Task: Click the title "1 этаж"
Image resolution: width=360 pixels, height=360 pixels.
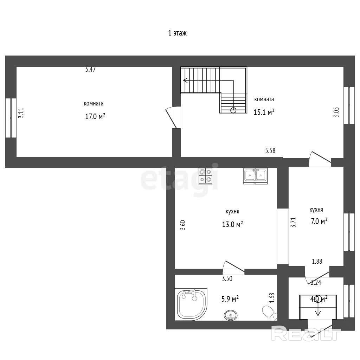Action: (177, 33)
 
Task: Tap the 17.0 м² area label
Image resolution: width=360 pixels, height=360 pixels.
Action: (95, 116)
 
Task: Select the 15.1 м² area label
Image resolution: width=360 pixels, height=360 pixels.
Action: (264, 112)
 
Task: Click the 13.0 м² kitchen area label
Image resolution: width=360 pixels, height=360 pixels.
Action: (232, 224)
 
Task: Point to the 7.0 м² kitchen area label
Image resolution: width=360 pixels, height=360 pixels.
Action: (319, 221)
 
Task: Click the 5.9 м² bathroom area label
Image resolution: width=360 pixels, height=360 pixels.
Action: (230, 299)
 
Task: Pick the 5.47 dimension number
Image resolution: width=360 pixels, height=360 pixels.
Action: (90, 69)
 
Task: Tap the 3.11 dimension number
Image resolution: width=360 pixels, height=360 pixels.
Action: (21, 113)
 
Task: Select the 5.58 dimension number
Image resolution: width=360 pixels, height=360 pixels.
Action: (270, 150)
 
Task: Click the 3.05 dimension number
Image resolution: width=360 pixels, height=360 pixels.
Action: (336, 112)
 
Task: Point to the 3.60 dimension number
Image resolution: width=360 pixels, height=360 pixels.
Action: (182, 225)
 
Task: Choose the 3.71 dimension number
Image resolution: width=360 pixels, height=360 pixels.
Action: (293, 223)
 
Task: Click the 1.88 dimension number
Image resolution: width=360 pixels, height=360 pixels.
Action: (317, 261)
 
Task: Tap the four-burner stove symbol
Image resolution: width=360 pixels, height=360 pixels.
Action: (205, 176)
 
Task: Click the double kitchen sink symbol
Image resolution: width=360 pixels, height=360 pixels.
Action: (255, 176)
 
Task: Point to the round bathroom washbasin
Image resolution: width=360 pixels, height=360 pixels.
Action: (231, 315)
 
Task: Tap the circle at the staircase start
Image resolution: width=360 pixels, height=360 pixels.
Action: (233, 110)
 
